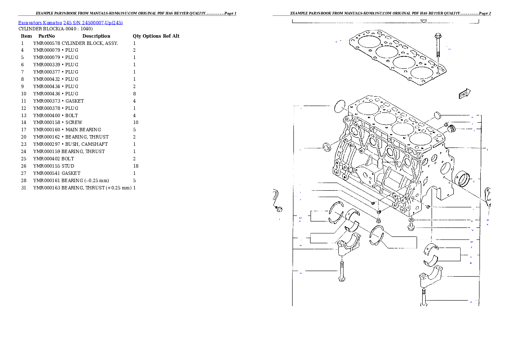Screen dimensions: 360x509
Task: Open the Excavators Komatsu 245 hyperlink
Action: click(x=70, y=23)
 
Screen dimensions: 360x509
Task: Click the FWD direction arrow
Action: click(x=465, y=94)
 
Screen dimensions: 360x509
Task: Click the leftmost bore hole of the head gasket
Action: click(x=367, y=41)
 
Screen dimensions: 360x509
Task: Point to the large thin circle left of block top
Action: click(x=339, y=106)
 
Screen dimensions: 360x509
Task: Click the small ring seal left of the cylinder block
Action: click(x=327, y=148)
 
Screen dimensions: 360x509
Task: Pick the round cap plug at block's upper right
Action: click(x=436, y=115)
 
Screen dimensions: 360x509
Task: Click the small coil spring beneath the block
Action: click(x=379, y=220)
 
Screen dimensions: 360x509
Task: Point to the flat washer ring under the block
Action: click(x=411, y=220)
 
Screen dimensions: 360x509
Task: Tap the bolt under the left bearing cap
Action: click(x=342, y=271)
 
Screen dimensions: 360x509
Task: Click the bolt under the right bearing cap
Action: click(x=424, y=297)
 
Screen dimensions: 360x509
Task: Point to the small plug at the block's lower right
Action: click(x=428, y=207)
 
